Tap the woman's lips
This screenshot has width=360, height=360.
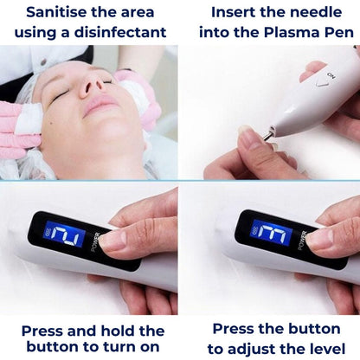pyautogui.click(x=101, y=107)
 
